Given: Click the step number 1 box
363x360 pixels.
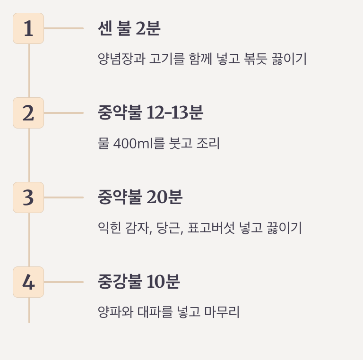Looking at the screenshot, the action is [x=28, y=28].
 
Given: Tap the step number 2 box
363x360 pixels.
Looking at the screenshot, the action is [x=28, y=113].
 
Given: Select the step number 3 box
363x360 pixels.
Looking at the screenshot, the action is [x=28, y=197].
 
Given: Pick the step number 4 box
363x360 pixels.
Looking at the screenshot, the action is [x=28, y=282].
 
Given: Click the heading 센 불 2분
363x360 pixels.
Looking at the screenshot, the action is [x=129, y=29].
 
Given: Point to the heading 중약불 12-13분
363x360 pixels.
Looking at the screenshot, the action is [x=150, y=113].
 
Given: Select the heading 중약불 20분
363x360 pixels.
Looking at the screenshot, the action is [x=140, y=197].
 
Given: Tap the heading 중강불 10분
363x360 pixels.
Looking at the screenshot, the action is [x=139, y=282].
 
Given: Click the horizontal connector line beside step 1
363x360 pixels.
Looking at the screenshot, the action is [x=63, y=28].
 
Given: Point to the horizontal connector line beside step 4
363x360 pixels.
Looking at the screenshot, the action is [x=63, y=282].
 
